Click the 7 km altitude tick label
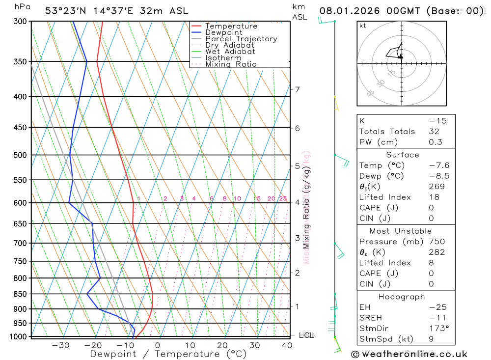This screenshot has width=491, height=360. tap(297, 89)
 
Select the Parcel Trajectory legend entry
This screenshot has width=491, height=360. tap(241, 39)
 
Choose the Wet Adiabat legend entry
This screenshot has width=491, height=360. tap(230, 52)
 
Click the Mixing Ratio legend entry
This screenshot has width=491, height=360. tap(231, 64)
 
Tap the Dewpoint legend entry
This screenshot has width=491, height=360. tap(224, 32)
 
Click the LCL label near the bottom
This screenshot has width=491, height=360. tap(306, 335)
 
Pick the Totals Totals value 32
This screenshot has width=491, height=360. tap(434, 132)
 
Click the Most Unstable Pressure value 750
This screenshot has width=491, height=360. tap(436, 242)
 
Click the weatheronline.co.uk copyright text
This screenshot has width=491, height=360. tap(409, 354)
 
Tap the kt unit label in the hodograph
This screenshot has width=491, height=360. tap(363, 26)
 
